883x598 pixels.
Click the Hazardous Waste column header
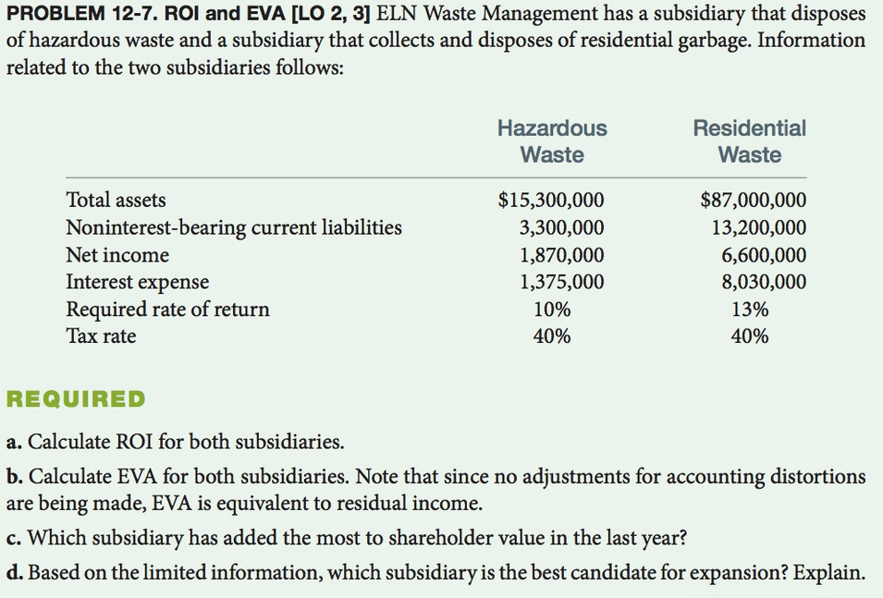tap(552, 141)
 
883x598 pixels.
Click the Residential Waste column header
tap(749, 141)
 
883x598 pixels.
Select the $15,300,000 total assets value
tap(551, 200)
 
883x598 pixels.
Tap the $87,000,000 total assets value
tap(753, 200)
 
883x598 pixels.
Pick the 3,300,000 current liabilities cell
tap(561, 227)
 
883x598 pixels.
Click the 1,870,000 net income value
tap(561, 255)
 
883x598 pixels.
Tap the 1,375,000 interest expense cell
tap(561, 282)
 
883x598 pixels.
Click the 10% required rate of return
tap(552, 309)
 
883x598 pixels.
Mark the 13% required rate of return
tap(749, 309)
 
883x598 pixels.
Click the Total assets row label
tap(116, 200)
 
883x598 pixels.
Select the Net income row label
tap(117, 255)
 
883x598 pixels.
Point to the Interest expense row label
tap(137, 282)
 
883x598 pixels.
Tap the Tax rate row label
tap(101, 336)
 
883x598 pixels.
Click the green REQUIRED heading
tap(76, 400)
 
